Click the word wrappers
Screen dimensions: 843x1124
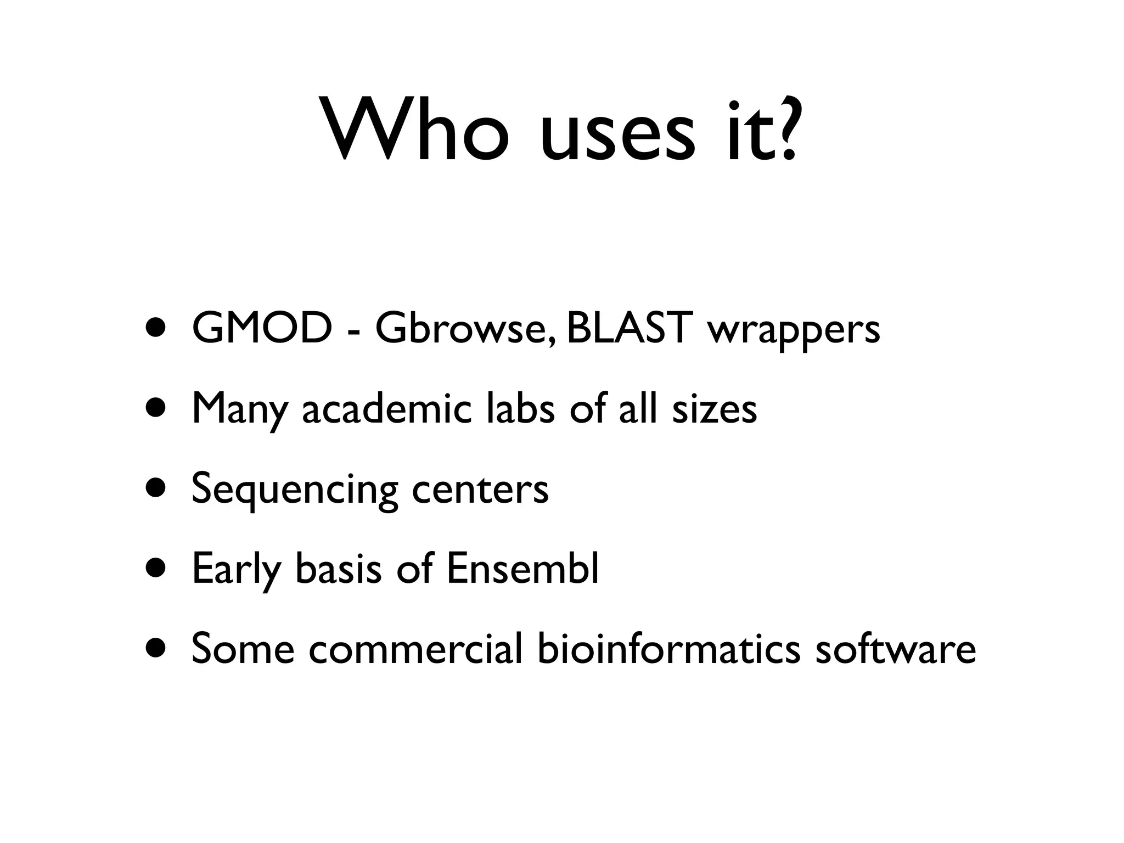(794, 333)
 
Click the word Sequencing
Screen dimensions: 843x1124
(294, 490)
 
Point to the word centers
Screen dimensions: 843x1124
(480, 490)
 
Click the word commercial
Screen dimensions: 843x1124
(415, 649)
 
